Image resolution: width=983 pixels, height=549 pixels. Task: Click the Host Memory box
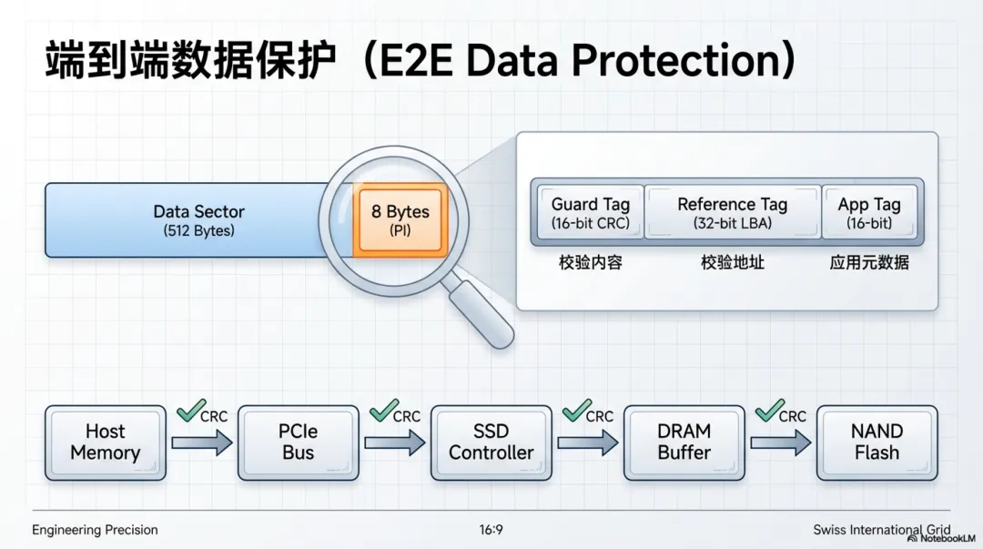pyautogui.click(x=106, y=442)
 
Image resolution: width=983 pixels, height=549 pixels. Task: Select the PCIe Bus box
pyautogui.click(x=298, y=442)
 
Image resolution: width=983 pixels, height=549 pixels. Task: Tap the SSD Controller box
pyautogui.click(x=491, y=442)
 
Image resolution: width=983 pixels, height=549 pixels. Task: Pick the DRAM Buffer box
pyautogui.click(x=684, y=442)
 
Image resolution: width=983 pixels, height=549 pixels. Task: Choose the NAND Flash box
pyautogui.click(x=877, y=442)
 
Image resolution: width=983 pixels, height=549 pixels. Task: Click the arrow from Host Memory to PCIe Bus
pyautogui.click(x=201, y=443)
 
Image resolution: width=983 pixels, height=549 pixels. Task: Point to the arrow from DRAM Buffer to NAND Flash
pyautogui.click(x=780, y=443)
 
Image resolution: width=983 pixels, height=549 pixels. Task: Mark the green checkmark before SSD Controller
pyautogui.click(x=383, y=412)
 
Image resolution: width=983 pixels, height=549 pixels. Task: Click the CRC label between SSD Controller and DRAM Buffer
pyautogui.click(x=600, y=417)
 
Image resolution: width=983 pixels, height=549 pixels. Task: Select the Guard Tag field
pyautogui.click(x=590, y=213)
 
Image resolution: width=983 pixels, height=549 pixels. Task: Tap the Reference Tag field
pyautogui.click(x=732, y=213)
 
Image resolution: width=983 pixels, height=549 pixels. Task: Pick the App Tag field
pyautogui.click(x=869, y=213)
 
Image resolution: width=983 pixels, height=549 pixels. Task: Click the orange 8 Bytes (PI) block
pyautogui.click(x=400, y=221)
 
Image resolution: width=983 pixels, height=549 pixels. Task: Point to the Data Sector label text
pyautogui.click(x=198, y=212)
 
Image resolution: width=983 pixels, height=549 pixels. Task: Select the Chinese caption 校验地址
pyautogui.click(x=732, y=263)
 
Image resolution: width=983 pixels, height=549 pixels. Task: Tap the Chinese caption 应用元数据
pyautogui.click(x=869, y=263)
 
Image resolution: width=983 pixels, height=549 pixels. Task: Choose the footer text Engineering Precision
pyautogui.click(x=95, y=530)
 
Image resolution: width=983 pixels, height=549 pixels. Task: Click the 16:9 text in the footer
pyautogui.click(x=491, y=530)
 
